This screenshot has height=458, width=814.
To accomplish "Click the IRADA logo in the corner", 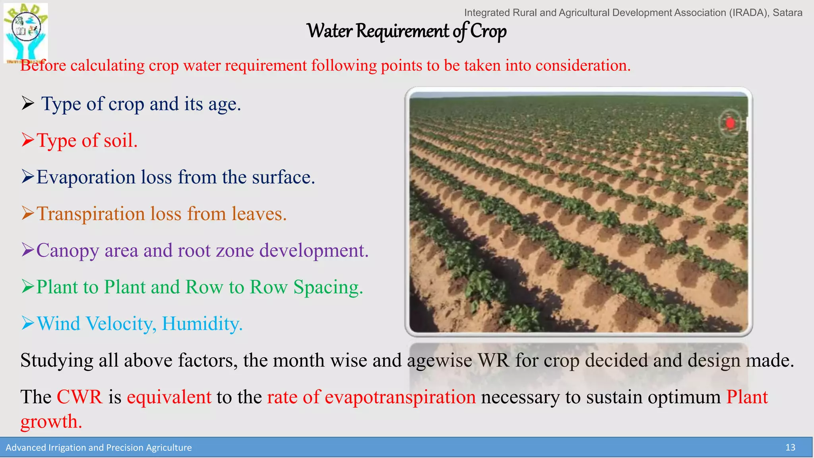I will tap(25, 32).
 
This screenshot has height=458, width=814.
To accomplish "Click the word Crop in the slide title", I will tap(488, 31).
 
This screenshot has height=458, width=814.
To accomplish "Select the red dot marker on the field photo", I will tap(730, 123).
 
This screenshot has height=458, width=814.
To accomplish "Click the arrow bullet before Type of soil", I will tap(28, 140).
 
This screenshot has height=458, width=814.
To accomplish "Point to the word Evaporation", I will tap(86, 177).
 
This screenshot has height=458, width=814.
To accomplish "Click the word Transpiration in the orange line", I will tap(91, 214).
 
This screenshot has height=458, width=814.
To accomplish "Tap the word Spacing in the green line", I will tap(328, 287).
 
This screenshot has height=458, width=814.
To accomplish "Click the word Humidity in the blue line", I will tap(202, 324).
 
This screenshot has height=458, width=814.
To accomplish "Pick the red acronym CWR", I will tap(79, 397).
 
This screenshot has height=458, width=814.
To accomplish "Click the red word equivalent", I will tap(169, 397).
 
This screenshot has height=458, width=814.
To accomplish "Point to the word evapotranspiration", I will tap(400, 397).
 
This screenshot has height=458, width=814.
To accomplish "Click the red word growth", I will tap(51, 422).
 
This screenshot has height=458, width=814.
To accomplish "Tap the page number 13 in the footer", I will tap(790, 448).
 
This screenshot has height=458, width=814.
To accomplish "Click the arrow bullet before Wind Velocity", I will tap(28, 323).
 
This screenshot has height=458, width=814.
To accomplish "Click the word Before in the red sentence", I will tap(43, 66).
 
